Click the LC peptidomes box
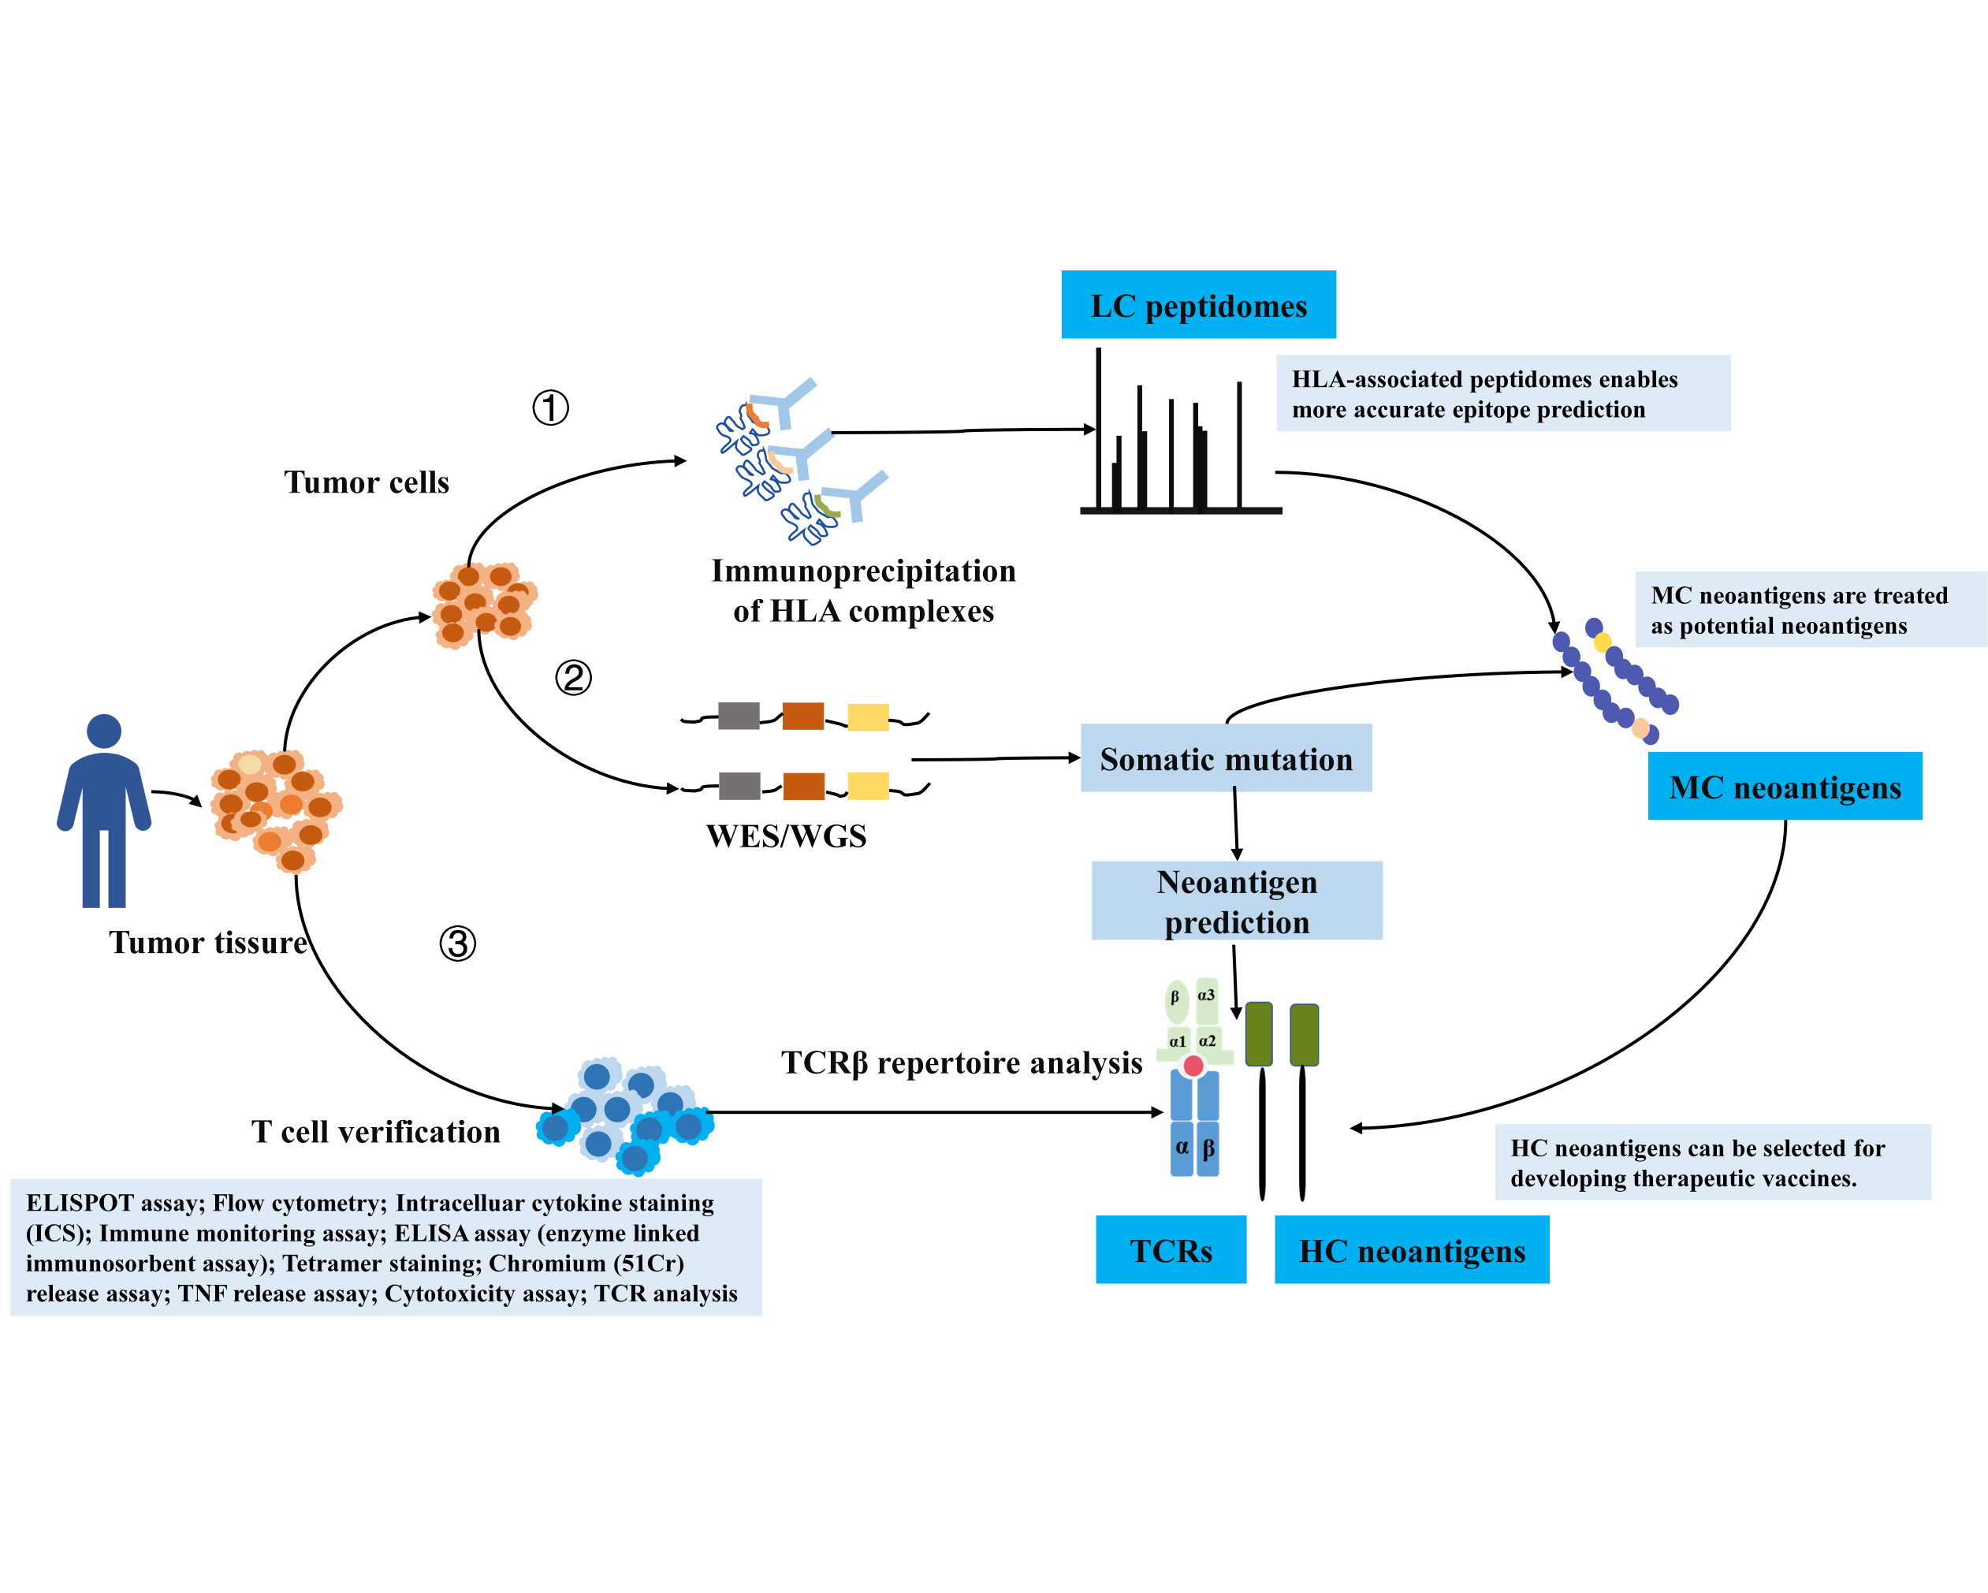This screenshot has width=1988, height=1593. [x=1198, y=304]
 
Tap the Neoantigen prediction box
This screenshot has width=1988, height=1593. [x=1237, y=901]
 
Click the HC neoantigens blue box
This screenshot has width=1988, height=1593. [x=1411, y=1250]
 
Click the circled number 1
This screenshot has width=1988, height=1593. [x=550, y=408]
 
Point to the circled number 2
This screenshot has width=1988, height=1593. [x=572, y=678]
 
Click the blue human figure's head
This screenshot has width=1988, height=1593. [x=104, y=731]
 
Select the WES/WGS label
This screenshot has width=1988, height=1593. [x=786, y=836]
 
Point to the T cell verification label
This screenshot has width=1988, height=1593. [x=375, y=1132]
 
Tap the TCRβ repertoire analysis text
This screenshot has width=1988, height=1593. [x=961, y=1063]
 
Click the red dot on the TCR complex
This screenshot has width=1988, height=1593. [x=1193, y=1066]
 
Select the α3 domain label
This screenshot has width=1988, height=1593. [x=1206, y=996]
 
